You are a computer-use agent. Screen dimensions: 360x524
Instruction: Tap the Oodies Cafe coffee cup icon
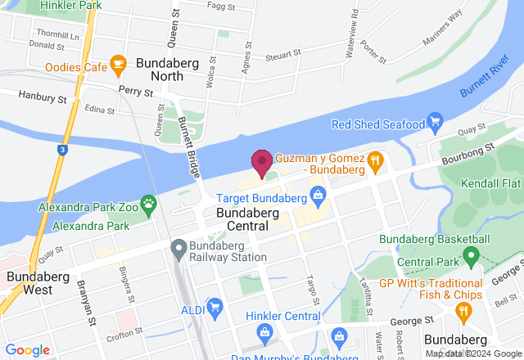click(118, 62)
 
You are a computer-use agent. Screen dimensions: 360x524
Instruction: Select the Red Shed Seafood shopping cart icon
click(436, 124)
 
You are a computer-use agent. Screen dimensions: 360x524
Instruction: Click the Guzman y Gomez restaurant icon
click(376, 161)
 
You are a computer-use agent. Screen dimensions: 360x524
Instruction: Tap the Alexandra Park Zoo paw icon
click(148, 203)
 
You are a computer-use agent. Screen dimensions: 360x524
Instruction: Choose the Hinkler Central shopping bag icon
click(264, 332)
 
